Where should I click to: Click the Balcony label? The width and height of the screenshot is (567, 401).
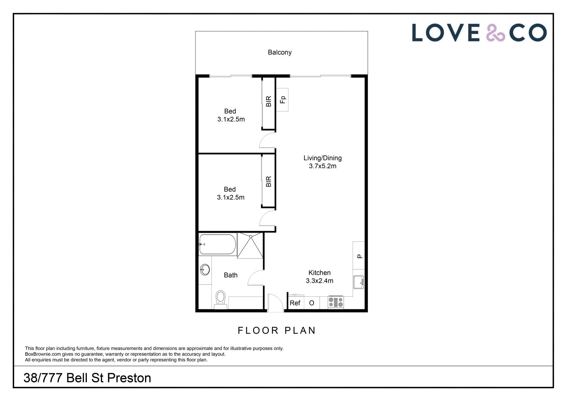(x=280, y=52)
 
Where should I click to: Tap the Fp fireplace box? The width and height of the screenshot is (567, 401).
(x=282, y=100)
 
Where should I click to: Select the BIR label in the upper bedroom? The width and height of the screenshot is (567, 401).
(x=268, y=101)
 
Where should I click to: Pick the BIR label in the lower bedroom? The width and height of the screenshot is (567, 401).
(x=268, y=181)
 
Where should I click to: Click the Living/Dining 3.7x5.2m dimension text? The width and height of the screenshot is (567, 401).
(x=322, y=166)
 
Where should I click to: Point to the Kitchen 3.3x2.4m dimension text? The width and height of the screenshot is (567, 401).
(x=320, y=281)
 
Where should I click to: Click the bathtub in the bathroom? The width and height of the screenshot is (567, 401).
(x=218, y=244)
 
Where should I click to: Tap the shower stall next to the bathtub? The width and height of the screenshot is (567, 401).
(x=250, y=246)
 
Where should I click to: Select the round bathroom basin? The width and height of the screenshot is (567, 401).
(x=205, y=270)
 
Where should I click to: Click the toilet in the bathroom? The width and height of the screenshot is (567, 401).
(x=221, y=299)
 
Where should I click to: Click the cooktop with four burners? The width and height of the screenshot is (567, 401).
(x=336, y=302)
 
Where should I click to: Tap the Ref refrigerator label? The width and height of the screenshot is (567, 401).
(x=295, y=303)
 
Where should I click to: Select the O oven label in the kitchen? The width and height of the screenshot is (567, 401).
(x=312, y=303)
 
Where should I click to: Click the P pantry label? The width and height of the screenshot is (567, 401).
(x=360, y=256)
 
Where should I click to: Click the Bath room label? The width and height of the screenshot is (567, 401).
(x=231, y=275)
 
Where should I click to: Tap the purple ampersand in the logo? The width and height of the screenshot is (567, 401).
(x=496, y=33)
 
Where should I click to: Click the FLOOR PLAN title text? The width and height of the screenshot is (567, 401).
(x=277, y=330)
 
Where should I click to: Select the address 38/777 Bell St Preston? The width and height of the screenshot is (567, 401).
(x=87, y=378)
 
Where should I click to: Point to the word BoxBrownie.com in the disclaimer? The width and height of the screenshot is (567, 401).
(x=43, y=354)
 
